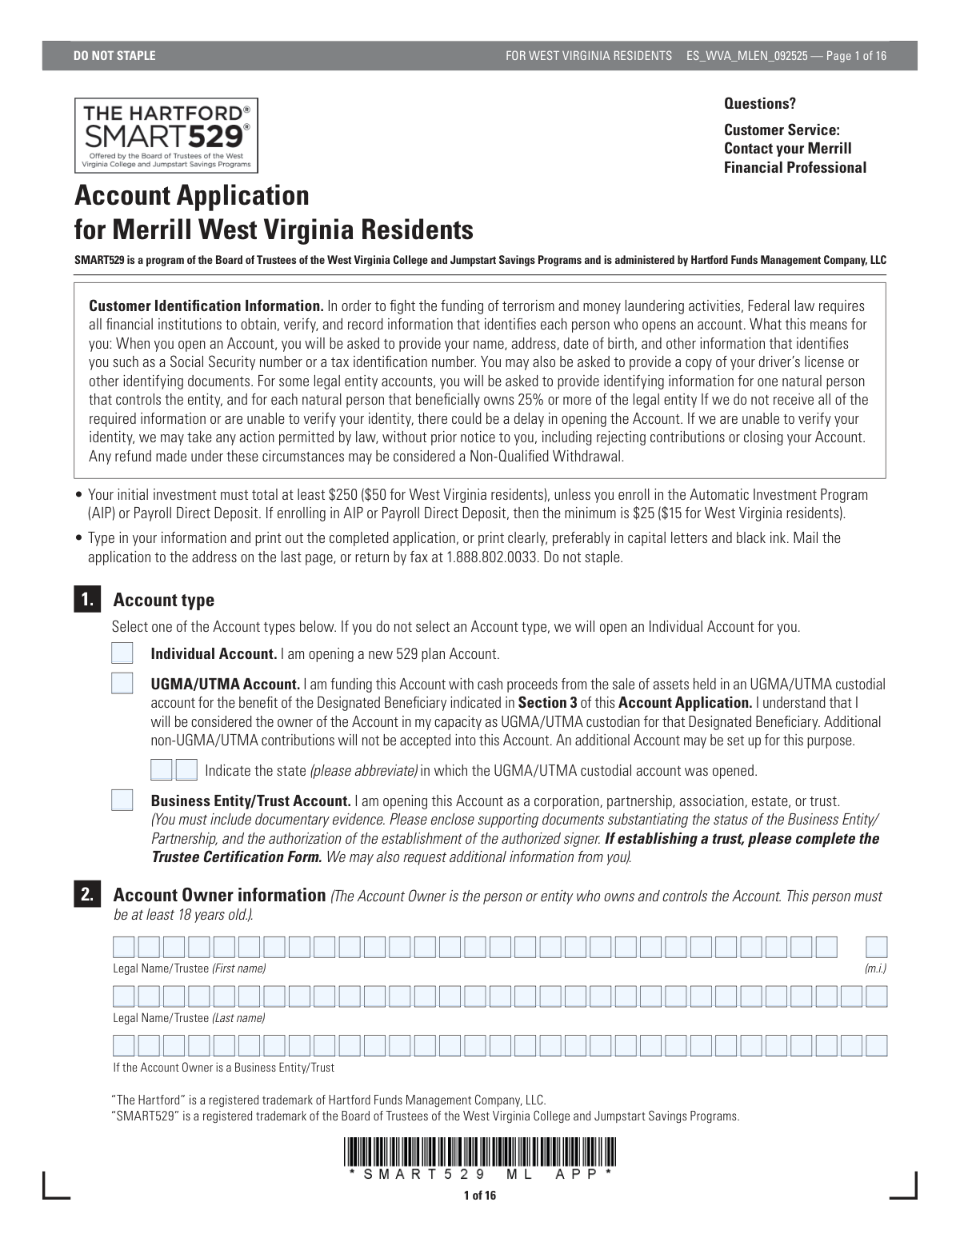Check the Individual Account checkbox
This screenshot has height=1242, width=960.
pyautogui.click(x=122, y=653)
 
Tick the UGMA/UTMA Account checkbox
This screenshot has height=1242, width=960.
pyautogui.click(x=122, y=684)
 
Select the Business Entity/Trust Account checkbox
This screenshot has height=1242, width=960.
pyautogui.click(x=122, y=801)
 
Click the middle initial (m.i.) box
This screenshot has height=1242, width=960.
pyautogui.click(x=877, y=948)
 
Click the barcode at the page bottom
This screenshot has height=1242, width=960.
pyautogui.click(x=480, y=1152)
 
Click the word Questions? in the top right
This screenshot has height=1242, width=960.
pyautogui.click(x=760, y=104)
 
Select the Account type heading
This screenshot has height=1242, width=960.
pyautogui.click(x=164, y=600)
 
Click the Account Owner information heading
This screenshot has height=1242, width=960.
pyautogui.click(x=220, y=895)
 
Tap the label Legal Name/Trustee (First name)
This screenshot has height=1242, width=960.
pyautogui.click(x=189, y=968)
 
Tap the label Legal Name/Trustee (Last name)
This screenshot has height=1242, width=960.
pyautogui.click(x=189, y=1018)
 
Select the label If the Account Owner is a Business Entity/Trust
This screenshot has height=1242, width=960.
pyautogui.click(x=224, y=1068)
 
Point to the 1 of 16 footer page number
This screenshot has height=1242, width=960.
pyautogui.click(x=480, y=1196)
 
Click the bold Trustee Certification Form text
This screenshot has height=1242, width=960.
pyautogui.click(x=237, y=857)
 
